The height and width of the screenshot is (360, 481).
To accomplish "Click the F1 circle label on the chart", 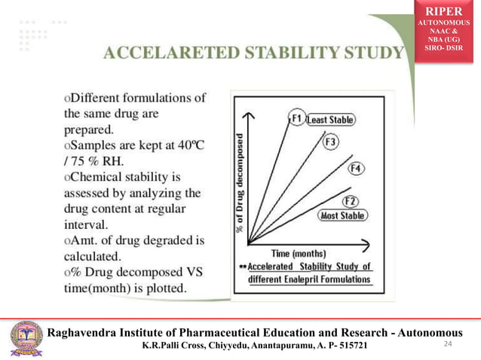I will coord(297,118).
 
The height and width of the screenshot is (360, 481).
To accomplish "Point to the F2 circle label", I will coord(350,201).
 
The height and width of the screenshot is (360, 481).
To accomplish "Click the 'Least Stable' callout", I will coord(331,120).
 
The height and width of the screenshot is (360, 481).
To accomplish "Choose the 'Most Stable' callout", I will coord(343,216).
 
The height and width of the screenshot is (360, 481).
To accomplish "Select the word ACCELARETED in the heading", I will coord(158,53).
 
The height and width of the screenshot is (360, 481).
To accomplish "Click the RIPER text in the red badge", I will coord(445,11).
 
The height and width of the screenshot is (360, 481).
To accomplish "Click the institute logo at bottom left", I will coord(26,339).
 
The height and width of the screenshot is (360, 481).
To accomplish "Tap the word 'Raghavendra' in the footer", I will coord(85,333).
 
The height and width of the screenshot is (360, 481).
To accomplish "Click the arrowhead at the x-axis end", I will coord(366,245).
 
